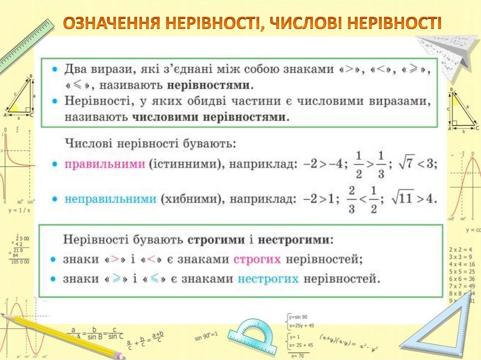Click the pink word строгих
(257, 259)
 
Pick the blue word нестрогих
(268, 279)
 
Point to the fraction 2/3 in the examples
(351, 199)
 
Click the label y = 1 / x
(19, 211)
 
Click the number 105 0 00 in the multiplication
(20, 261)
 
